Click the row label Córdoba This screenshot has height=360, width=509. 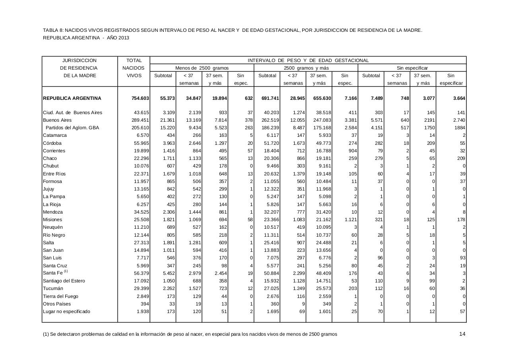[x=52, y=143]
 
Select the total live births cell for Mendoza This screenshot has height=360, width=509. [x=140, y=212]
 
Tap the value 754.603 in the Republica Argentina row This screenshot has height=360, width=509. [x=140, y=98]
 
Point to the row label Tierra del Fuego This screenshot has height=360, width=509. [x=60, y=296]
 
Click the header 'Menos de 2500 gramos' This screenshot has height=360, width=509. [x=202, y=68]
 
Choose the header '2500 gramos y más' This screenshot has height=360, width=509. [x=306, y=68]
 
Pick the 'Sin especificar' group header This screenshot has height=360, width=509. [x=412, y=68]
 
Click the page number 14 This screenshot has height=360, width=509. [x=462, y=334]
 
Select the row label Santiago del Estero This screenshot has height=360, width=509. [x=64, y=281]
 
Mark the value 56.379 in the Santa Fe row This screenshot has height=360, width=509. [x=140, y=273]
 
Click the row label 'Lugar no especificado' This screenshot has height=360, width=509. [x=66, y=311]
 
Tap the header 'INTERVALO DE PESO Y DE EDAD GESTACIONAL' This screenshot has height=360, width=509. [x=308, y=60]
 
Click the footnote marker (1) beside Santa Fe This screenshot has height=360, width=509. [x=66, y=271]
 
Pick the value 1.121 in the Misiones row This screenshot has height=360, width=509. [x=350, y=220]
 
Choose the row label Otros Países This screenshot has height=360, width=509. [x=57, y=304]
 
